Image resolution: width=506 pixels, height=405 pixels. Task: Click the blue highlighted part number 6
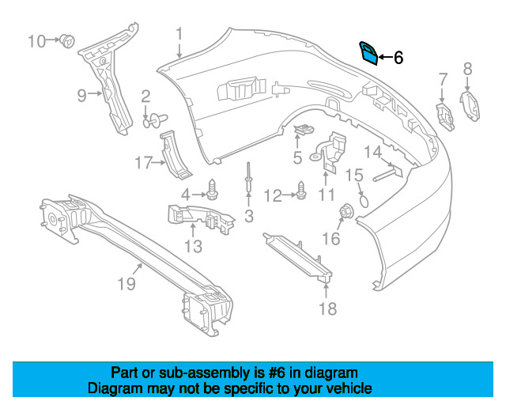coord(368,54)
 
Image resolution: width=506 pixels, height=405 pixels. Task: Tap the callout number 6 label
coord(398,58)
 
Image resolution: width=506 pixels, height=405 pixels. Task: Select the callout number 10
coord(36,41)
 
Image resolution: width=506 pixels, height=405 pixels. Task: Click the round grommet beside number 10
coord(68,40)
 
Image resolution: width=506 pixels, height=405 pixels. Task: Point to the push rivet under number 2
coord(155,120)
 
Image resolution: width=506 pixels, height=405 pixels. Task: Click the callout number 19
coord(126,284)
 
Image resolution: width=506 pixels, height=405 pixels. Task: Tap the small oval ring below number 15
coord(364,201)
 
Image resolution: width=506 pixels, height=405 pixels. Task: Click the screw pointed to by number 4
coord(212,189)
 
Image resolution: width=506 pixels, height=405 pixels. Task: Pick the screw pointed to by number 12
coord(301,190)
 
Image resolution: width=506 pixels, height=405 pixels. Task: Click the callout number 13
coord(193,247)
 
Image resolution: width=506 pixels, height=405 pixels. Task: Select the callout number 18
coord(327,308)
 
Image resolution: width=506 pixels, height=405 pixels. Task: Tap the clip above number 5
coord(304,129)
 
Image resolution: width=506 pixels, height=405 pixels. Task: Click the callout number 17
coord(143,162)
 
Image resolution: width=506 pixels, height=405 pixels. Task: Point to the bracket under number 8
coord(470,106)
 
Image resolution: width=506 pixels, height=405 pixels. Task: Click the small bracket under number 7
coord(444,117)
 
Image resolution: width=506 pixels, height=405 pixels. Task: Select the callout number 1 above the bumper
coord(179,36)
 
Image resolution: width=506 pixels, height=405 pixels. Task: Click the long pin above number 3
coord(248,177)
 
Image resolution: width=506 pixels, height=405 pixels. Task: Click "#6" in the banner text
coord(277,373)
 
